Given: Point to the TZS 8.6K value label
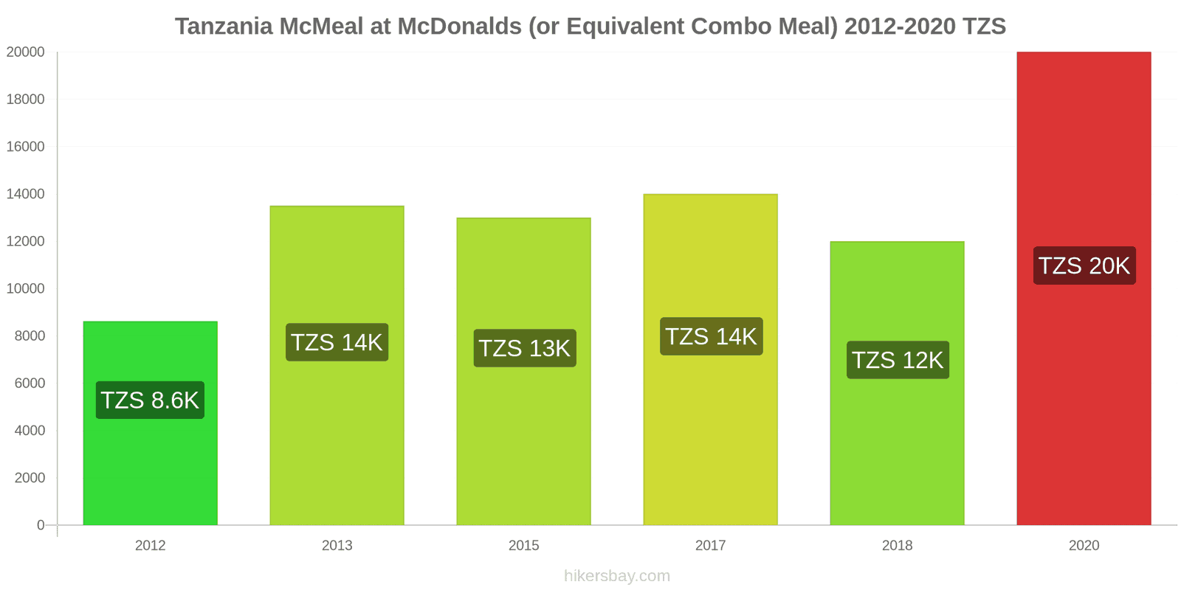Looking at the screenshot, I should pyautogui.click(x=150, y=400).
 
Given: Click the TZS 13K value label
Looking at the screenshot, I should pyautogui.click(x=524, y=348).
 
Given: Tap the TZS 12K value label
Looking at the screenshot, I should pyautogui.click(x=898, y=360).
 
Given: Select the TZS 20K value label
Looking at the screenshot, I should pyautogui.click(x=1084, y=265).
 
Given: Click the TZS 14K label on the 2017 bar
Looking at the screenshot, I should pyautogui.click(x=711, y=336).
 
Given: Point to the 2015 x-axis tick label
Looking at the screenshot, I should pyautogui.click(x=523, y=546).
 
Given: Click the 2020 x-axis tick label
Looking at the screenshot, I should pyautogui.click(x=1084, y=546).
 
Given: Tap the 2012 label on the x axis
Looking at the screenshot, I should pyautogui.click(x=150, y=546).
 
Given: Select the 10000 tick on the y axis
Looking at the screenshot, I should pyautogui.click(x=26, y=288).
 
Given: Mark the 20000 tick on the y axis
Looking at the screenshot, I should pyautogui.click(x=26, y=52).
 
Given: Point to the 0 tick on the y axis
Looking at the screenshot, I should pyautogui.click(x=41, y=525).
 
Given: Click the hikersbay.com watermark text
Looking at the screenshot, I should pyautogui.click(x=617, y=576).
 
